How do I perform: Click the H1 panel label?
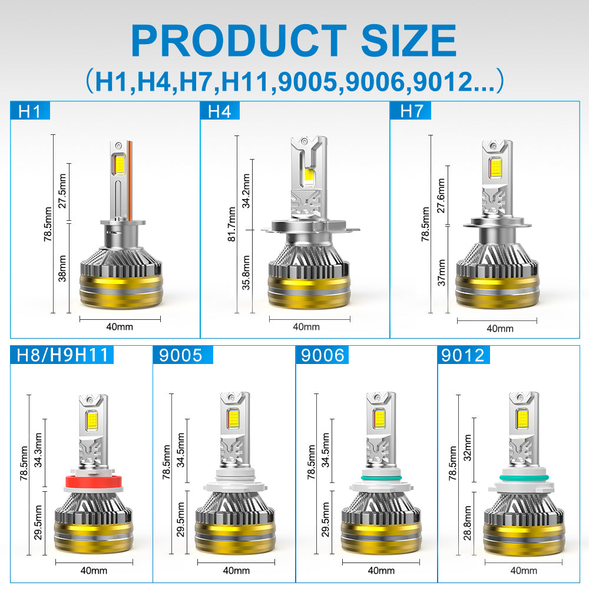(29, 111)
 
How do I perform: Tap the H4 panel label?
(219, 111)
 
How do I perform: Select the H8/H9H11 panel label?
(62, 355)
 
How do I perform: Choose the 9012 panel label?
(463, 355)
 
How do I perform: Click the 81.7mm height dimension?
(231, 224)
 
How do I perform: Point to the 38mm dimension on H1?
(62, 269)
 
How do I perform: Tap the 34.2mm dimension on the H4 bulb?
(246, 191)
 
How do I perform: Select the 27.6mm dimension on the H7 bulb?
(441, 196)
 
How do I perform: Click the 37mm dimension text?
(441, 273)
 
